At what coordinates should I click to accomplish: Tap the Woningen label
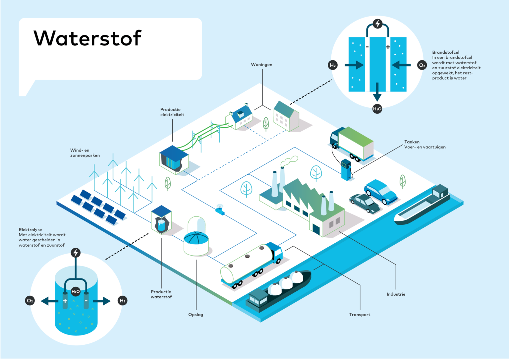[261, 65]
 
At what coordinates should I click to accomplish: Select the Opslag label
[196, 315]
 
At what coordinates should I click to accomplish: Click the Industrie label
[396, 294]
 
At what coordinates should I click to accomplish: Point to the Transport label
[360, 315]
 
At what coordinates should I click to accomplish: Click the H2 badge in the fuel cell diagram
[333, 65]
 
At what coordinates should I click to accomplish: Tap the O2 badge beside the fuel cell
[422, 65]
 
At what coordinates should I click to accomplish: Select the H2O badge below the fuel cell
[377, 109]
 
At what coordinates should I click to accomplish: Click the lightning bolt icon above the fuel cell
[377, 24]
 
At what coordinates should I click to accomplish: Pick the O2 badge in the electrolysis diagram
[30, 301]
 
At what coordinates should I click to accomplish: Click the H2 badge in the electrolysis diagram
[122, 301]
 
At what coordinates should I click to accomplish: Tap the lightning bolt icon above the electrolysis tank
[76, 253]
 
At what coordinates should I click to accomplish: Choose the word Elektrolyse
[30, 230]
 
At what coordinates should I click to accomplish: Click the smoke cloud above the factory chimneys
[289, 161]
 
